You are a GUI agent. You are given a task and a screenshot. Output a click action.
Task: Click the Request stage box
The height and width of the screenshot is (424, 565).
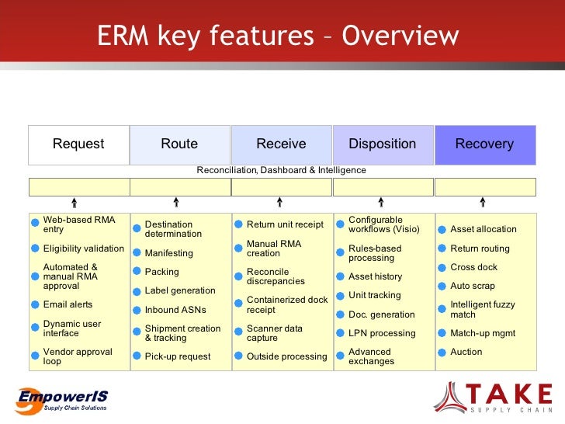(x=78, y=144)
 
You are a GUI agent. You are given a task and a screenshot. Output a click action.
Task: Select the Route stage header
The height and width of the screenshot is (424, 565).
(x=179, y=144)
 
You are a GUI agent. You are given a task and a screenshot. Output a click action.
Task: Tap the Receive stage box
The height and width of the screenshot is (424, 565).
(x=281, y=144)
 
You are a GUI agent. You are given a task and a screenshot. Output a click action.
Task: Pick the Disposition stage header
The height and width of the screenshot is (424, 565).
(x=382, y=144)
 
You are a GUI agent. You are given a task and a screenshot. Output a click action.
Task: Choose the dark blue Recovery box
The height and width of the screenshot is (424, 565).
(x=484, y=144)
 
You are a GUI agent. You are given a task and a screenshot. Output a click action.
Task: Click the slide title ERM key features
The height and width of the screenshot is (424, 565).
(x=278, y=36)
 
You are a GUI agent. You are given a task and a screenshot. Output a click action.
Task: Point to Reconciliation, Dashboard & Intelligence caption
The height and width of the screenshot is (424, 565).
(x=281, y=170)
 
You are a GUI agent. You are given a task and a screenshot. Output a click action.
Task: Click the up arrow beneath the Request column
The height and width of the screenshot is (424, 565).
(x=74, y=203)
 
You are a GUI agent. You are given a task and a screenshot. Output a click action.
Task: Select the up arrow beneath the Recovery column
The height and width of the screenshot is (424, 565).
(x=483, y=203)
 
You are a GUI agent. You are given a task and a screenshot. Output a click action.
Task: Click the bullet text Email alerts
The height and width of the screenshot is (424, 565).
(x=68, y=304)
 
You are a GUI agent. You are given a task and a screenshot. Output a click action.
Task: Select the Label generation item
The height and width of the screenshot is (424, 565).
(x=180, y=290)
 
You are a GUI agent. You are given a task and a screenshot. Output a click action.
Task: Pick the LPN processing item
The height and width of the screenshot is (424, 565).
(x=382, y=333)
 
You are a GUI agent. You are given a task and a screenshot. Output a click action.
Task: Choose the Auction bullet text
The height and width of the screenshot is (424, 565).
(x=466, y=352)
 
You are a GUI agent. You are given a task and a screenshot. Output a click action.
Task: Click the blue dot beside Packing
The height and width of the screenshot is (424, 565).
(x=136, y=273)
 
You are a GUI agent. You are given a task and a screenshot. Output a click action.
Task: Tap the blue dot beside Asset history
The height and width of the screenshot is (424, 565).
(x=340, y=276)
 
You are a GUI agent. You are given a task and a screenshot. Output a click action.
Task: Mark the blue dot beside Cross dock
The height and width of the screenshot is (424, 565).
(x=442, y=267)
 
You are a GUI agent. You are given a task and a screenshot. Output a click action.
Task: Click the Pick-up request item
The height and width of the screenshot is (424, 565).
(x=178, y=356)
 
